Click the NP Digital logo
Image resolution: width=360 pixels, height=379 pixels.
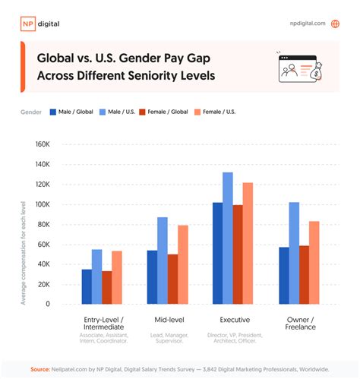39,24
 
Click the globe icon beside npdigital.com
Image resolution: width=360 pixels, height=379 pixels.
335,24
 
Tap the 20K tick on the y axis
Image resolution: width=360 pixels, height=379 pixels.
42,284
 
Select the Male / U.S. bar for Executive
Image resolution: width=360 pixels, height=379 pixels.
227,238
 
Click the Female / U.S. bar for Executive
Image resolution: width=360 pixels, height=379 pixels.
248,243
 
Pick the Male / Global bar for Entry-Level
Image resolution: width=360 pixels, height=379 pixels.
87,286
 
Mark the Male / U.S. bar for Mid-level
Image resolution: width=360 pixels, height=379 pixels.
162,261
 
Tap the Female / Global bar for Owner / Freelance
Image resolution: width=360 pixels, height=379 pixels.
303,274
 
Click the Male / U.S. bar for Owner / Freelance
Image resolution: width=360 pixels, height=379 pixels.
293,253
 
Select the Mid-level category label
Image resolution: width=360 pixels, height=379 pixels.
166,320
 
